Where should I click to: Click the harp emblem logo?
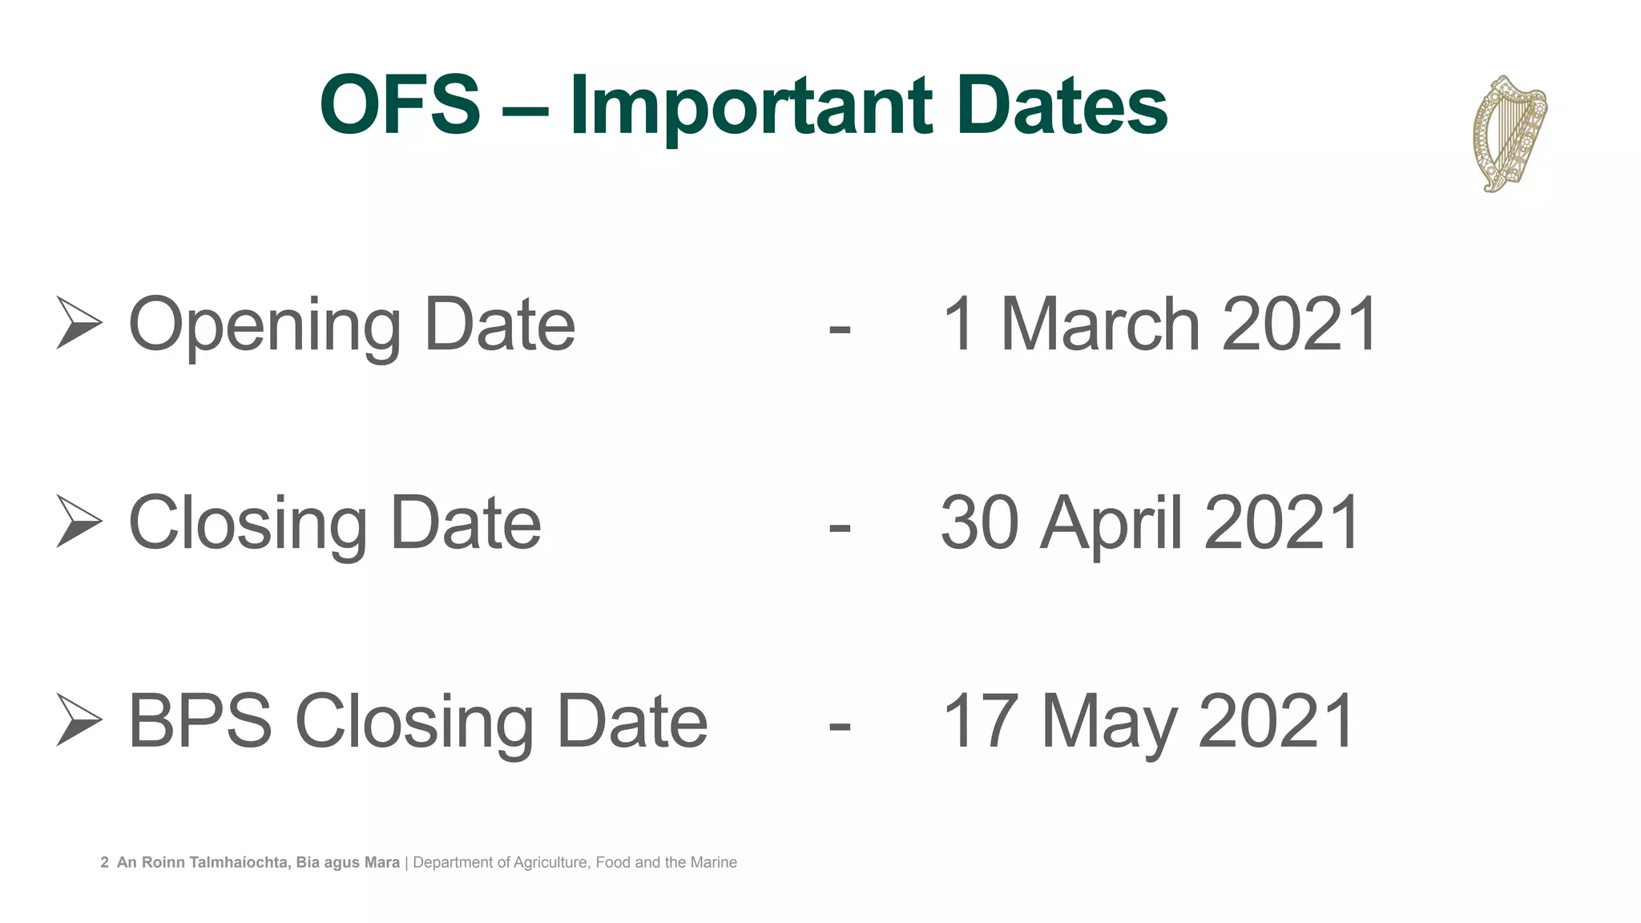1510,134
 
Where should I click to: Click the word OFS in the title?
400,106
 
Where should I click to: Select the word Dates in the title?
1062,106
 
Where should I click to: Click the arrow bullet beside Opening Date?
79,323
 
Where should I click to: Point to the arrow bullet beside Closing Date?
79,521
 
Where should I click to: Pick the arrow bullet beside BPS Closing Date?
79,719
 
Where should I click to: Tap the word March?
1099,324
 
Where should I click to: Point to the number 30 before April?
980,522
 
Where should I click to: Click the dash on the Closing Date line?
839,527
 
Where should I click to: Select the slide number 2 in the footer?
104,863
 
